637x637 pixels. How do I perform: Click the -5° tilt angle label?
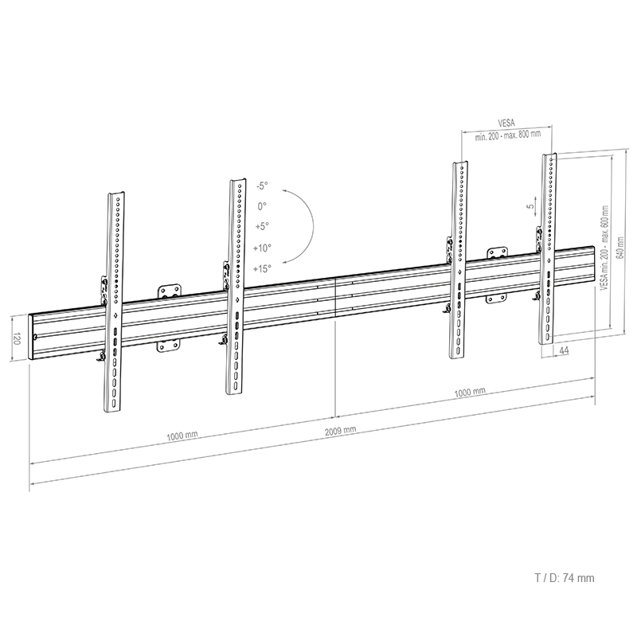point(262,186)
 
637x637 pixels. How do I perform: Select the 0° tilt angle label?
point(262,206)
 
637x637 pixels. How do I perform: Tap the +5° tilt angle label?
point(262,226)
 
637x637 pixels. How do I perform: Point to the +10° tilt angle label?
point(262,248)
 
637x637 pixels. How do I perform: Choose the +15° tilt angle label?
point(262,268)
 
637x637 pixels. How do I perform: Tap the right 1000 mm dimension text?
point(469,392)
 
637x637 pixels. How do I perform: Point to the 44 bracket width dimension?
point(563,350)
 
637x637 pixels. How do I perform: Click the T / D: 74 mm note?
point(564,579)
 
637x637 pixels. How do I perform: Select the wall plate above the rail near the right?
point(498,253)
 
